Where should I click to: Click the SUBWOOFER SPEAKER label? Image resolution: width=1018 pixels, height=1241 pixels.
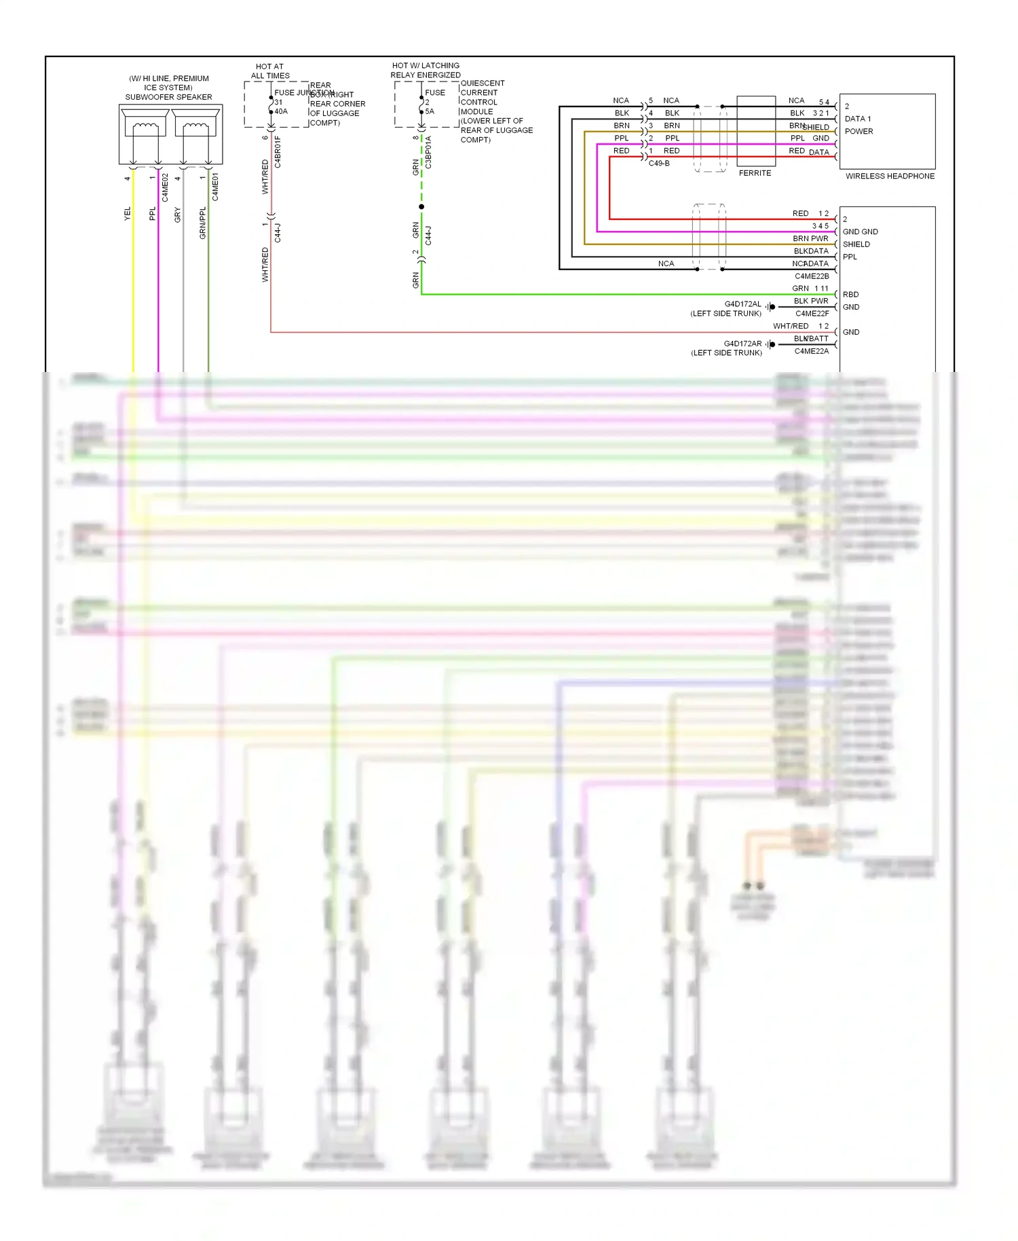168,97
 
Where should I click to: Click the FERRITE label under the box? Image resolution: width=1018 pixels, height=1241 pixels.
755,173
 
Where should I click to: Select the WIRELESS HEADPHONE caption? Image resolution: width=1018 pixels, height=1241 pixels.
890,176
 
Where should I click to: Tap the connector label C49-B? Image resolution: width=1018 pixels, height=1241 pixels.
659,164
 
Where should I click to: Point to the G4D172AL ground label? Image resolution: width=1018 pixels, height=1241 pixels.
742,304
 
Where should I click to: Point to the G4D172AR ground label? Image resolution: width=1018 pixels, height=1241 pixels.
742,344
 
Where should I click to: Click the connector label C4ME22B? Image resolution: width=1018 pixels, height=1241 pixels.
812,276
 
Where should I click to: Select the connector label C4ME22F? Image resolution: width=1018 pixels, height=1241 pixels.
812,314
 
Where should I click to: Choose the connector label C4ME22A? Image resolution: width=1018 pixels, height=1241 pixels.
812,351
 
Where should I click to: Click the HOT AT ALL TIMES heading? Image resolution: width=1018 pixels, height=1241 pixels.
270,71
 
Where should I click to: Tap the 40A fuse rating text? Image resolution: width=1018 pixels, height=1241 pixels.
281,111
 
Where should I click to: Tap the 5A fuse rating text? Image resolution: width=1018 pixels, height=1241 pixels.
430,111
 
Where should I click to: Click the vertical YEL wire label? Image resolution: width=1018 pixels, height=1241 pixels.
127,214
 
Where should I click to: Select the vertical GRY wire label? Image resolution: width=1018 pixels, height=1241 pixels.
178,215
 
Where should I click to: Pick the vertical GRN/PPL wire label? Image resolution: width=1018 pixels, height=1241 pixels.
202,223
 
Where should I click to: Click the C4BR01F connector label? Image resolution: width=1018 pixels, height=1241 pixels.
278,152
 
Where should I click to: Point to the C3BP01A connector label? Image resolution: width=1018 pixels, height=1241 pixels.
428,152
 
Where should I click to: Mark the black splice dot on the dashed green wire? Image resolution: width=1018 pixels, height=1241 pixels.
421,206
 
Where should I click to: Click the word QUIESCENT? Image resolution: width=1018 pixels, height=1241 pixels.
483,84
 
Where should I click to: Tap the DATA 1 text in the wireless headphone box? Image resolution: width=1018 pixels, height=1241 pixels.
857,119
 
